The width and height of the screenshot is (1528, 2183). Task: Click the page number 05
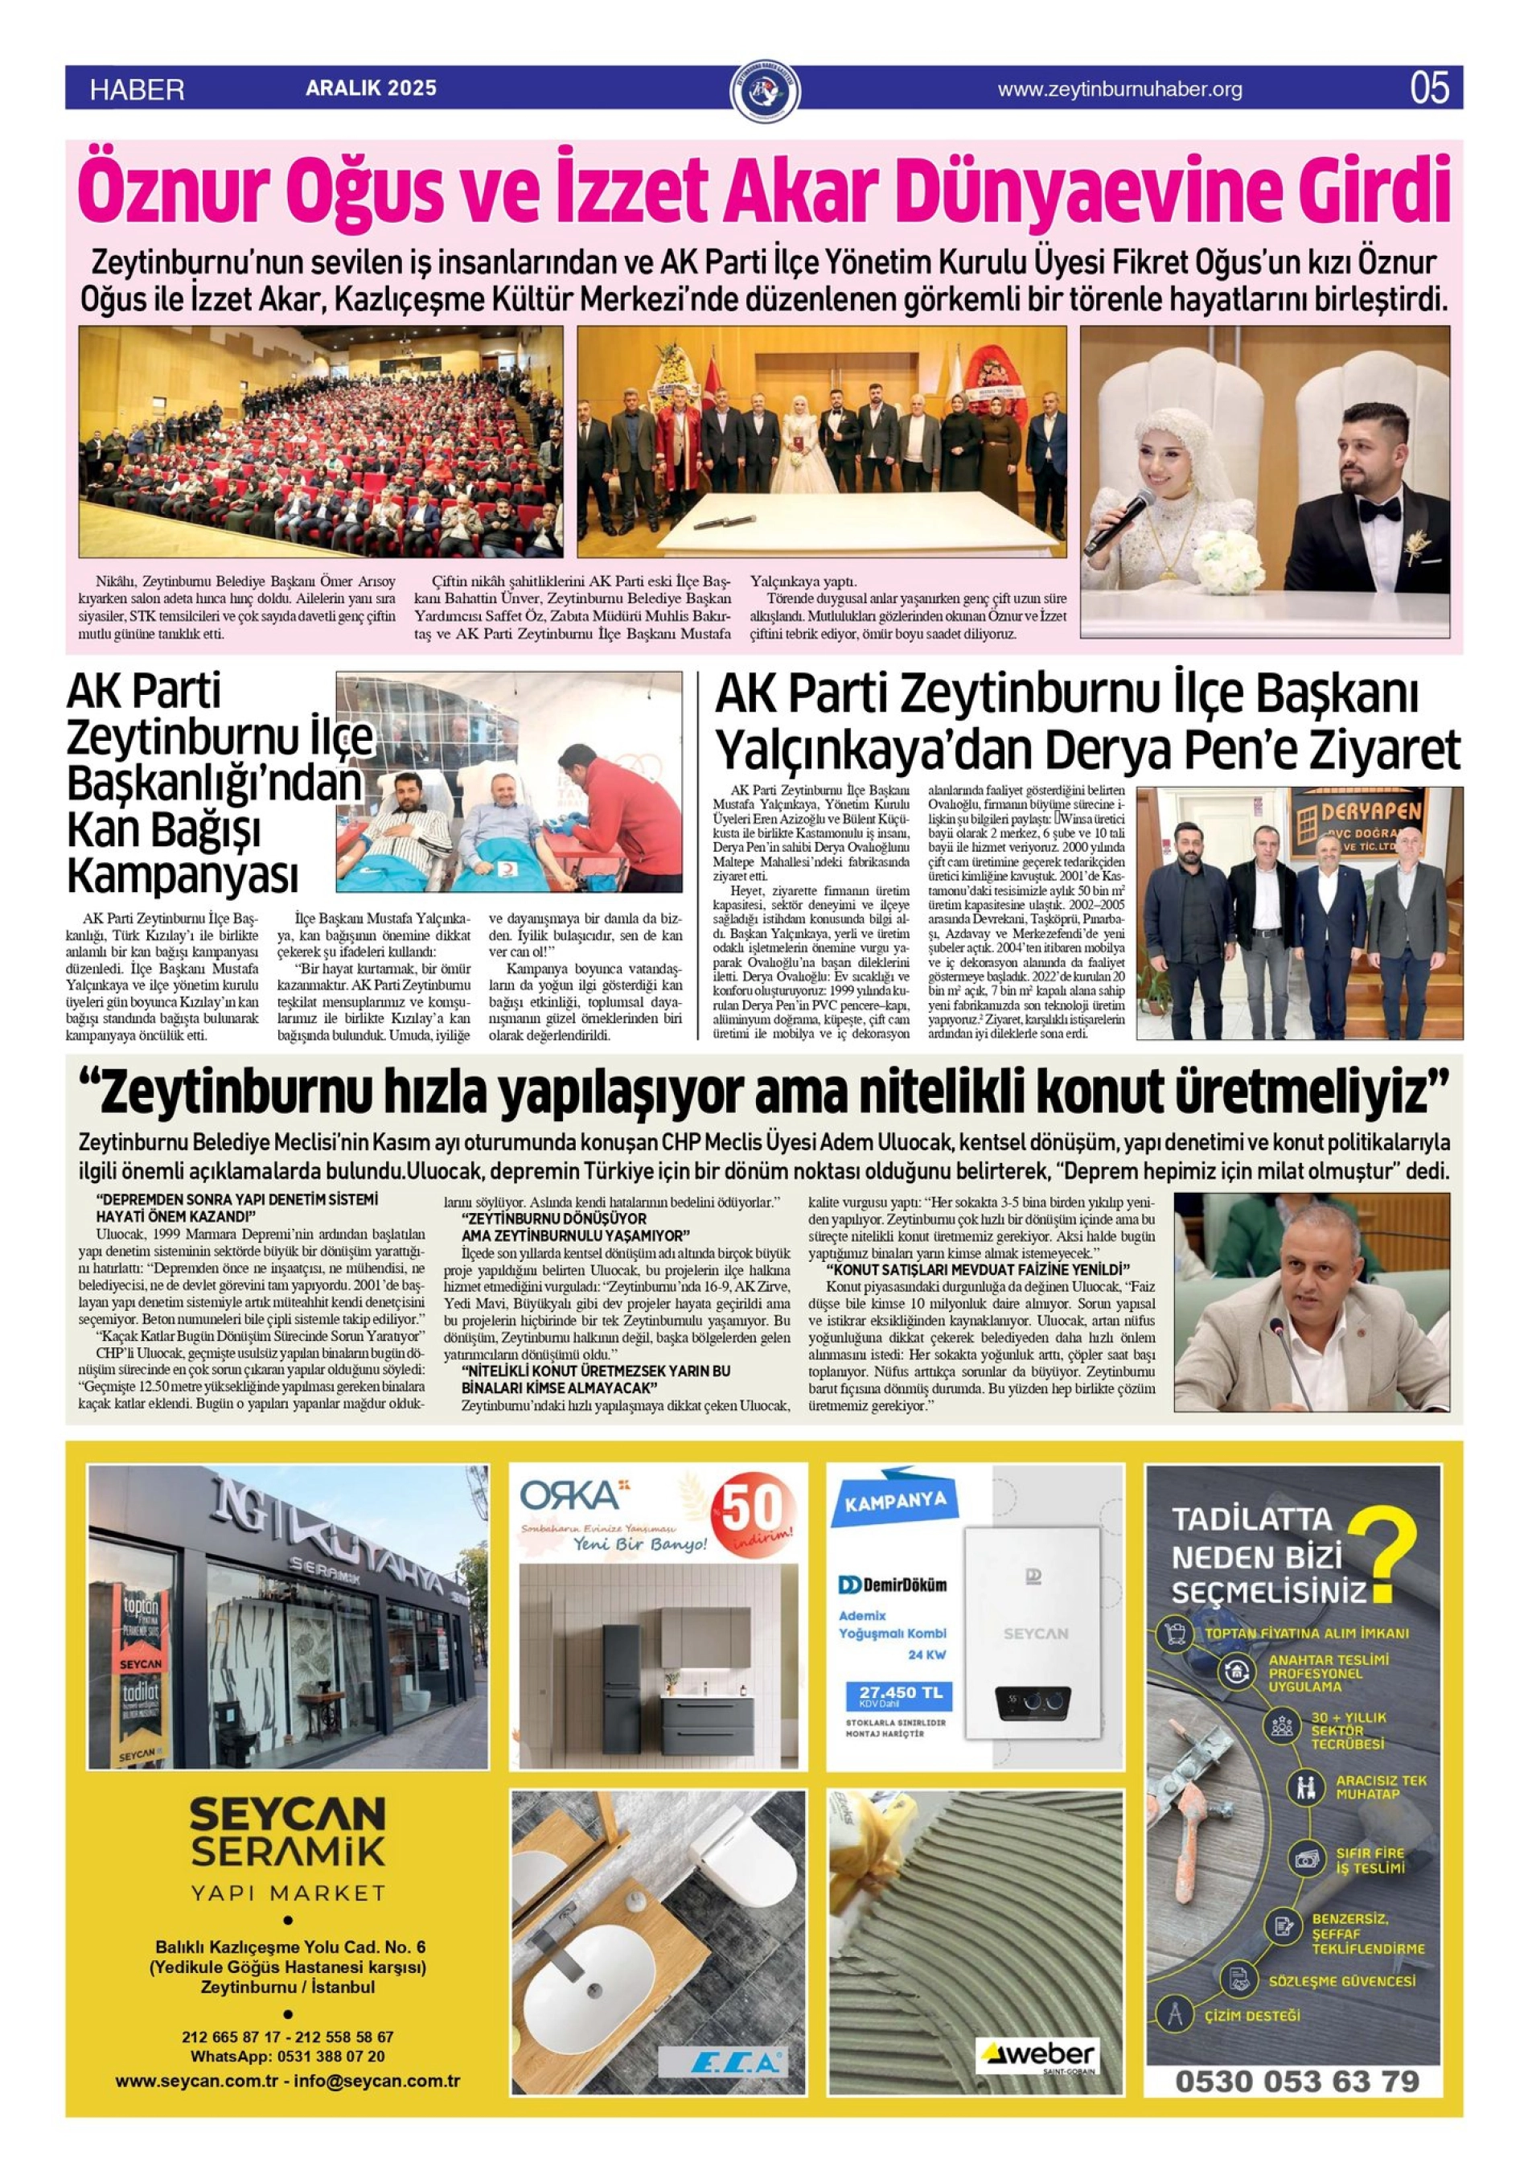pos(1429,88)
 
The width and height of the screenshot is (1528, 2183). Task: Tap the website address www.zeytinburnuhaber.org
pos(1119,89)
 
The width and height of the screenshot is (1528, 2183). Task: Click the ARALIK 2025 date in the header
pos(371,88)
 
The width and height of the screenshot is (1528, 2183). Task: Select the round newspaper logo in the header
pos(763,90)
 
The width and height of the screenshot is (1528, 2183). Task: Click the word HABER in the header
pos(137,90)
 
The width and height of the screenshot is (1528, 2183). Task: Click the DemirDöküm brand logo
pos(892,1585)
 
